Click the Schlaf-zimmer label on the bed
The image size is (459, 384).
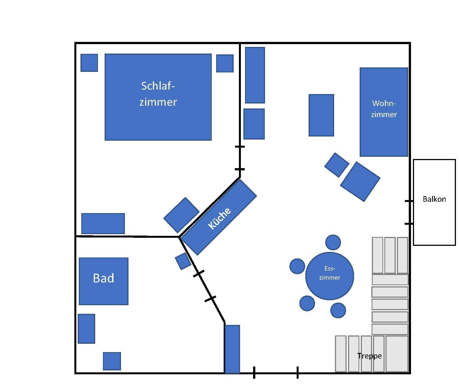[158, 94]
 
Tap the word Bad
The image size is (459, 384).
[104, 278]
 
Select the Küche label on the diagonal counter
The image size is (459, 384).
[219, 218]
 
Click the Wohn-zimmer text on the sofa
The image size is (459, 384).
[384, 109]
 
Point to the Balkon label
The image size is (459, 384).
[434, 199]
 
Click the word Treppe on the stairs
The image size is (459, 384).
[369, 356]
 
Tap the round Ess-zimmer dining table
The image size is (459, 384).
[329, 276]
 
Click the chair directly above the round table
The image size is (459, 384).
[333, 242]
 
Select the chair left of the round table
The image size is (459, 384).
[297, 266]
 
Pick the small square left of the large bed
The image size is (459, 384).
[89, 63]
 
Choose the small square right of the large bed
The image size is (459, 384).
[225, 63]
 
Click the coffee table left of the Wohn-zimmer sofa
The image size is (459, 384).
[321, 115]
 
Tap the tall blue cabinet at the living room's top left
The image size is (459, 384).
[255, 75]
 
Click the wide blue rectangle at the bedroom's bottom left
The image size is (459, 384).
[103, 223]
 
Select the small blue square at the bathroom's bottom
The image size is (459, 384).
[112, 361]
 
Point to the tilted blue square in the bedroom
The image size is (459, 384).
[181, 215]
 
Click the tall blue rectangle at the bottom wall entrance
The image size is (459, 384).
[232, 349]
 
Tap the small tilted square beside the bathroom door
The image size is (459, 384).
[183, 261]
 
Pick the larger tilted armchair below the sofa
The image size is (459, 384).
[360, 181]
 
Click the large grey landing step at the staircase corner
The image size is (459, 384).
[397, 353]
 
